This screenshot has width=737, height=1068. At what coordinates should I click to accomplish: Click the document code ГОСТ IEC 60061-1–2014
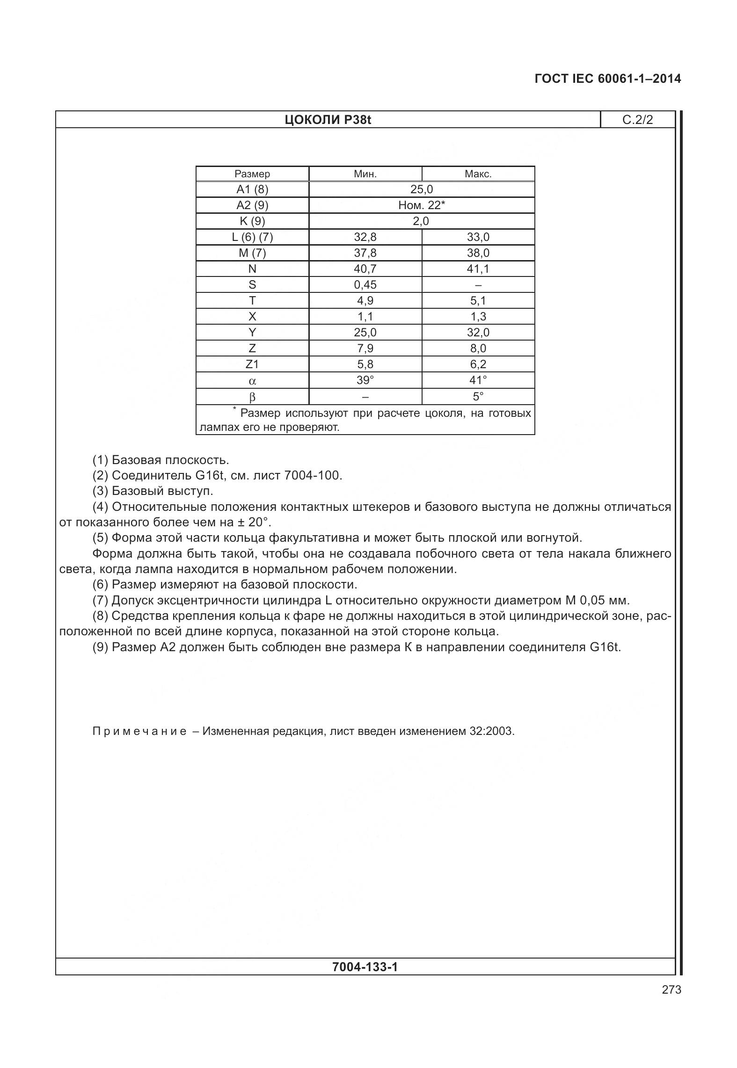pos(607,79)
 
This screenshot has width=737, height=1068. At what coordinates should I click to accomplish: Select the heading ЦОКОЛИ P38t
pos(328,120)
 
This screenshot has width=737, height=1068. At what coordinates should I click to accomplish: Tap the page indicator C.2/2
pos(637,120)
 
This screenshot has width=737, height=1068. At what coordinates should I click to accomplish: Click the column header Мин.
pos(365,174)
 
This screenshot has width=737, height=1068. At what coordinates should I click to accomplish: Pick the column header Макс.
pos(478,174)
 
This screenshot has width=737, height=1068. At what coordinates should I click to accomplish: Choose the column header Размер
pos(252,174)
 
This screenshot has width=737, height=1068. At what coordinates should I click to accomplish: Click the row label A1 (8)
pos(252,189)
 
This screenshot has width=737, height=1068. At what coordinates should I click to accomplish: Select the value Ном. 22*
pos(421,205)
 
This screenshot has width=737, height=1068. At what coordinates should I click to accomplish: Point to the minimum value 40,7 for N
pos(365,269)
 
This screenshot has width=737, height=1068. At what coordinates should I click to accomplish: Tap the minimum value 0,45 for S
pos(365,284)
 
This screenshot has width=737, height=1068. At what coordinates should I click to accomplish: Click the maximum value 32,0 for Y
pos(478,332)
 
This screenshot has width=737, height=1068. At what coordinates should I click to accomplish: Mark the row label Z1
pos(252,364)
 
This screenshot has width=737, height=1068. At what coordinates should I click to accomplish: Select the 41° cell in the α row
pos(478,380)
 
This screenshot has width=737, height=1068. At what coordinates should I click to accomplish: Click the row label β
pos(252,397)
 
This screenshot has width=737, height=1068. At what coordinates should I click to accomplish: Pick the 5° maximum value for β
pos(478,397)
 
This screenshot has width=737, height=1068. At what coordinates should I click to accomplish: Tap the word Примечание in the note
pos(139,731)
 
